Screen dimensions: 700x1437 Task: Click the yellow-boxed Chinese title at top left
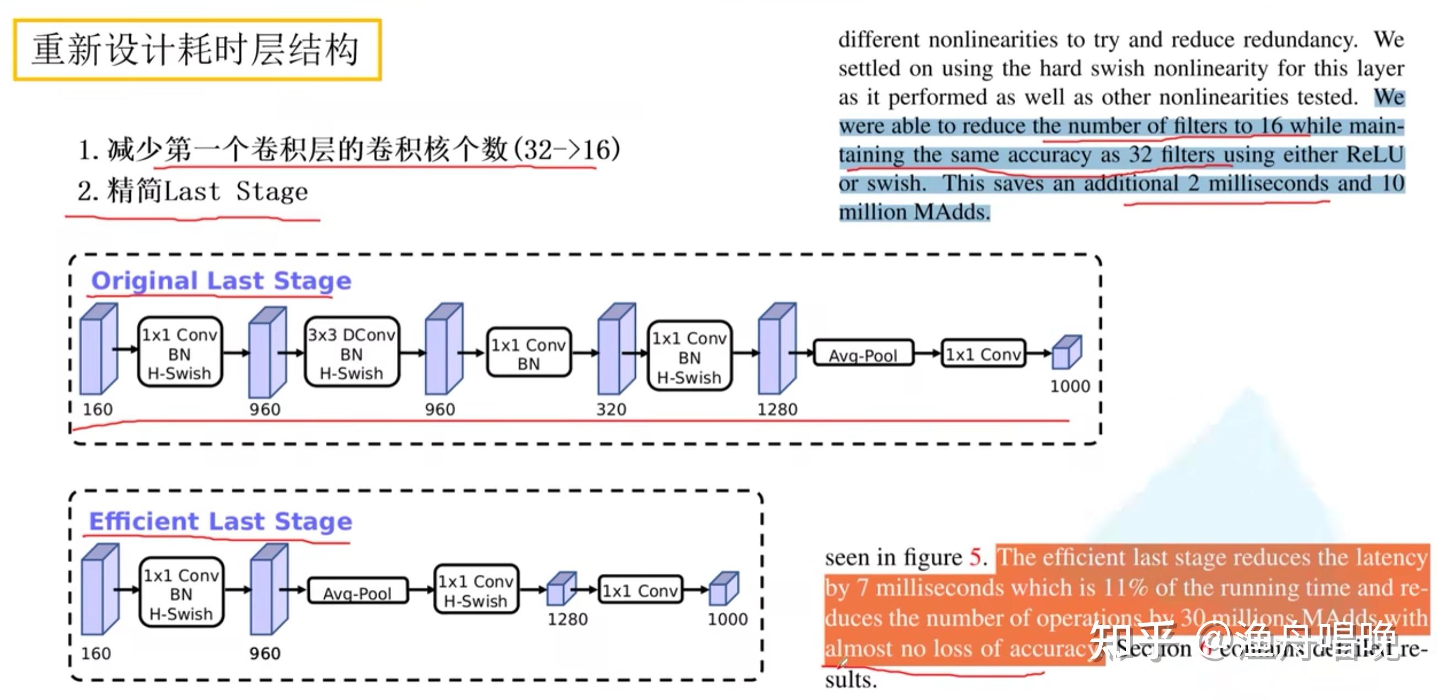pyautogui.click(x=196, y=50)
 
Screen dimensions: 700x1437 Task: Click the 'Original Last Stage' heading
pyautogui.click(x=221, y=281)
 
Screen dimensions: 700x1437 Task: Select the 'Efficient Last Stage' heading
pyautogui.click(x=221, y=521)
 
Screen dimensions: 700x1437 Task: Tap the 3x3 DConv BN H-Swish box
pyautogui.click(x=351, y=353)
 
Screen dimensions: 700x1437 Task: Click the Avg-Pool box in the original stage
pyautogui.click(x=862, y=354)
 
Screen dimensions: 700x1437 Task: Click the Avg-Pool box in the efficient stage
pyautogui.click(x=357, y=593)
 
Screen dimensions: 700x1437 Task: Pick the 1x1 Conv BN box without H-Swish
pyautogui.click(x=528, y=354)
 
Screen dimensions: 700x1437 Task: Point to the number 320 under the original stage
pyautogui.click(x=611, y=410)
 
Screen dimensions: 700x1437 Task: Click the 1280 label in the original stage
pyautogui.click(x=776, y=410)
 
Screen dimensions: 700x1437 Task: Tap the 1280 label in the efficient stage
pyautogui.click(x=567, y=619)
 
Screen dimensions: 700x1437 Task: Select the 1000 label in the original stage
pyautogui.click(x=1069, y=386)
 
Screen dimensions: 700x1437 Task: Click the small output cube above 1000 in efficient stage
pyautogui.click(x=723, y=589)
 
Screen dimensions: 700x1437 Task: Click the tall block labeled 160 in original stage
pyautogui.click(x=98, y=349)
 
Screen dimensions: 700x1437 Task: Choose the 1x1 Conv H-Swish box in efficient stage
pyautogui.click(x=475, y=591)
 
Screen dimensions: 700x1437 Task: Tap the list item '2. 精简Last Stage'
pyautogui.click(x=192, y=191)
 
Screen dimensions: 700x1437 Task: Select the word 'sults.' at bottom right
pyautogui.click(x=850, y=680)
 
